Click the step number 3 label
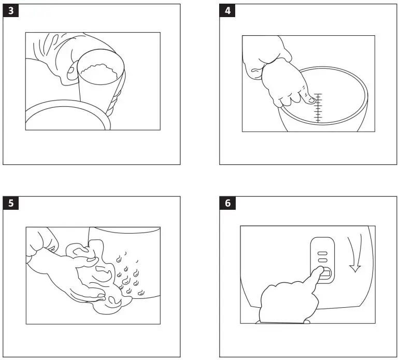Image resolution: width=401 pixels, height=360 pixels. point(11,11)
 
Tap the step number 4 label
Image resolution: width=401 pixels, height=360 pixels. point(227,11)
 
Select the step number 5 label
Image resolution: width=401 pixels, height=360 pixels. point(11,203)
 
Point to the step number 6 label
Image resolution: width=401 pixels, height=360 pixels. point(227,203)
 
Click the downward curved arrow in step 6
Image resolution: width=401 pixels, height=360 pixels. point(355,256)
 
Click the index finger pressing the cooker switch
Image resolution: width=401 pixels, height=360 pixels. point(314,274)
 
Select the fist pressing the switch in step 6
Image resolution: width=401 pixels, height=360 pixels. point(282,303)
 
